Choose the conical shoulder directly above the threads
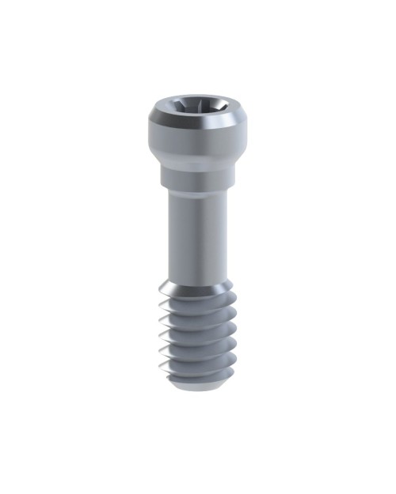tap(198, 292)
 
